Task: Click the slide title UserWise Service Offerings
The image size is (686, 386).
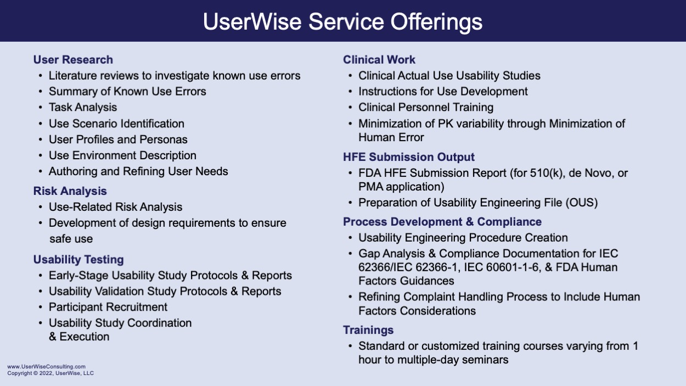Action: click(x=342, y=22)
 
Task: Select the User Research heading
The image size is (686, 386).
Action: click(x=73, y=59)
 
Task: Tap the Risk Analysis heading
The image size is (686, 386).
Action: click(x=70, y=191)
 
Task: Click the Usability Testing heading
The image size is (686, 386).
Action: click(x=78, y=260)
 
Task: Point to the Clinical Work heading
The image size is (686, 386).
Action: click(x=379, y=59)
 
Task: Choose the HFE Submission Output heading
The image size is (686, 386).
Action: click(x=408, y=157)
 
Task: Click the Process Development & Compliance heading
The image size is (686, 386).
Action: click(x=442, y=221)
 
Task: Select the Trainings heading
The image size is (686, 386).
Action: click(x=368, y=330)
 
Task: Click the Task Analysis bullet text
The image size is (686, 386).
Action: click(x=83, y=107)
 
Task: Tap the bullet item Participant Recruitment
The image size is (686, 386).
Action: click(x=108, y=307)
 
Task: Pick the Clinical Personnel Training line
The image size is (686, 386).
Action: click(x=426, y=107)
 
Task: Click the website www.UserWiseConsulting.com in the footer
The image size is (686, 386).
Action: click(x=47, y=366)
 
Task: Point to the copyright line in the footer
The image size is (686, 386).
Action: click(x=50, y=373)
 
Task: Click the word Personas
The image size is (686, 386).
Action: click(x=163, y=139)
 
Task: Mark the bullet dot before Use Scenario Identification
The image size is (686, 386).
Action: click(x=41, y=124)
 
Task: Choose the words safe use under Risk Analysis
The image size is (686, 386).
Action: click(x=71, y=239)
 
